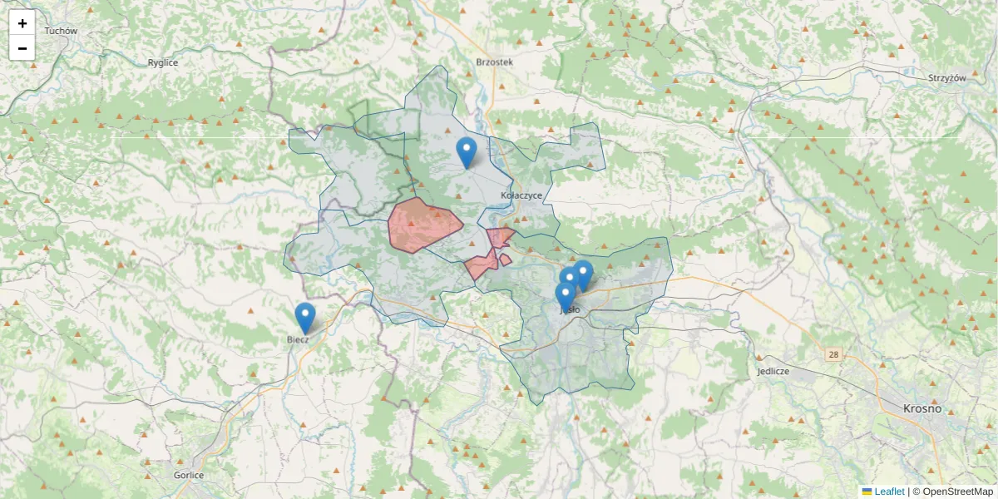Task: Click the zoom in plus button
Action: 22,23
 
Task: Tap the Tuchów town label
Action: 61,31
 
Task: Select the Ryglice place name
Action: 163,62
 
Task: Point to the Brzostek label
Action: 495,62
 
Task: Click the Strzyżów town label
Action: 946,77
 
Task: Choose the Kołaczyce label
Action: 521,195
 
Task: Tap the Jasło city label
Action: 570,309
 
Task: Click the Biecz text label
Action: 298,339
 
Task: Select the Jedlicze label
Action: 773,371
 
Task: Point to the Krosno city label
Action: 922,408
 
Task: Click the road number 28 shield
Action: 832,355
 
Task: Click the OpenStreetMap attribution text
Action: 952,492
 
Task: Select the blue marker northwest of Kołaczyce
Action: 467,152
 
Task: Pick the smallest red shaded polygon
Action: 505,259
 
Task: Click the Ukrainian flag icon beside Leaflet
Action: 867,492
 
